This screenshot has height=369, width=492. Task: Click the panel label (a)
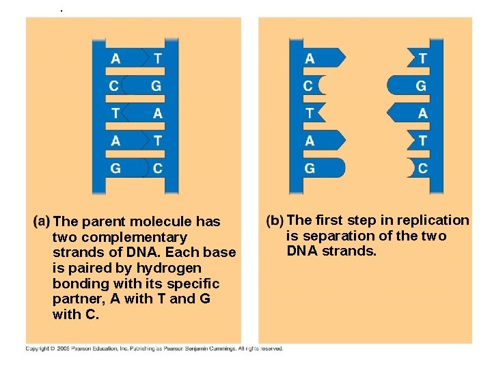40,221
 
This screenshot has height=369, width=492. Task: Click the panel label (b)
275,221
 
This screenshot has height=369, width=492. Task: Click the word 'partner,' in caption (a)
78,299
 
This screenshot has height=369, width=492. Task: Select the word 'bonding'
79,284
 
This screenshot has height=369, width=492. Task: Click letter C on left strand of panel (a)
115,86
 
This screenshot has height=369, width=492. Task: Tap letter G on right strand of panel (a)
156,86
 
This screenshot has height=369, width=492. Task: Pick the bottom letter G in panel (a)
115,168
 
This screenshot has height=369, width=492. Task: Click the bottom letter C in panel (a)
158,168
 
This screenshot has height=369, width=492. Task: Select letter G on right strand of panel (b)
421,86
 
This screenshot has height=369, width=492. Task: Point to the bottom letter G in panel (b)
310,168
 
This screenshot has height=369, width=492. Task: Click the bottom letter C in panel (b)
422,168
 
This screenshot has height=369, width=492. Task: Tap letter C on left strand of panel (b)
308,86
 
